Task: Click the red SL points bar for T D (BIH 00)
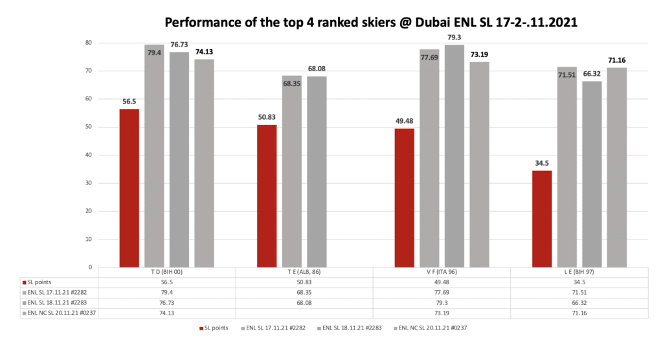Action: pyautogui.click(x=129, y=188)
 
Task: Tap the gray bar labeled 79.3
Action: pyautogui.click(x=454, y=155)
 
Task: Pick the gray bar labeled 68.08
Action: pyautogui.click(x=317, y=172)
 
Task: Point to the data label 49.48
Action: pyautogui.click(x=405, y=120)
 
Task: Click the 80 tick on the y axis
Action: pyautogui.click(x=89, y=43)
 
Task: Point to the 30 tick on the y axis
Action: pyautogui.click(x=89, y=183)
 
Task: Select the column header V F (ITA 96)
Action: pyautogui.click(x=442, y=273)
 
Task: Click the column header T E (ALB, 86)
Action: pyautogui.click(x=304, y=273)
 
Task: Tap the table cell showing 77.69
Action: pyautogui.click(x=442, y=293)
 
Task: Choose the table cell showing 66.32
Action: pyautogui.click(x=579, y=303)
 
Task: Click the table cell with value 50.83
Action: pyautogui.click(x=304, y=283)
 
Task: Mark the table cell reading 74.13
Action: pyautogui.click(x=167, y=313)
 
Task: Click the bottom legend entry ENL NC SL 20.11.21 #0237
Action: pyautogui.click(x=433, y=328)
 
